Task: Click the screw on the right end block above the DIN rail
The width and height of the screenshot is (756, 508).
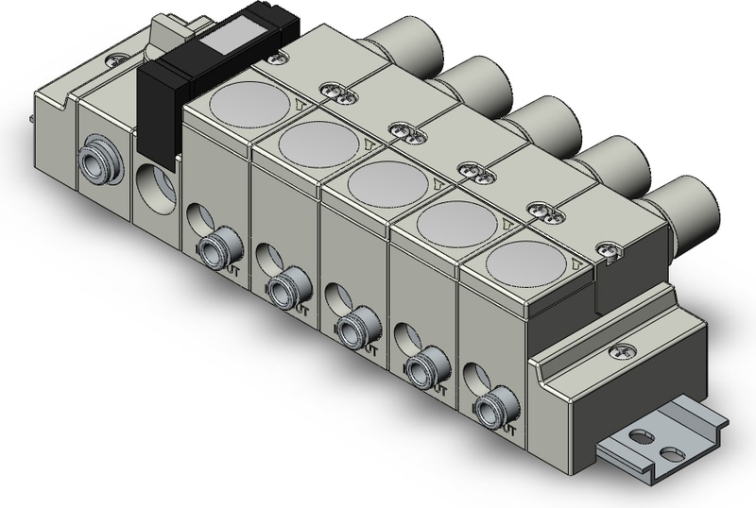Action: pos(623,351)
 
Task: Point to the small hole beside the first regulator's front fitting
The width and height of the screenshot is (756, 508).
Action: pos(197,218)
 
